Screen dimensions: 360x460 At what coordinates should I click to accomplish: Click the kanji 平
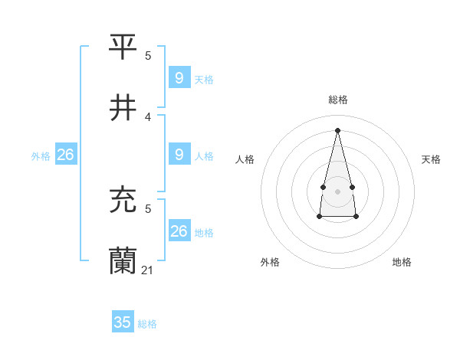click(x=123, y=46)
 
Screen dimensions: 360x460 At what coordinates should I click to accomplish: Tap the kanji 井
click(x=123, y=108)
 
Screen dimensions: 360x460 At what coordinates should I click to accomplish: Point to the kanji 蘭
click(x=123, y=261)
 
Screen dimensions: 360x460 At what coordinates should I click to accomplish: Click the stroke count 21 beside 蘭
click(x=148, y=270)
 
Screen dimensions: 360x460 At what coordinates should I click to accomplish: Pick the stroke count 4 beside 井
click(x=148, y=117)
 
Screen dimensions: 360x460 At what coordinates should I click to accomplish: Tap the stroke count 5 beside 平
click(x=148, y=55)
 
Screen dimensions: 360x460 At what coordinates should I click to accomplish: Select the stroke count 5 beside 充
click(x=148, y=208)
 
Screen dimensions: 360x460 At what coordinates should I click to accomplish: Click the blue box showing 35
click(x=123, y=322)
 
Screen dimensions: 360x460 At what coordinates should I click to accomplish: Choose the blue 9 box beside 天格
click(x=179, y=78)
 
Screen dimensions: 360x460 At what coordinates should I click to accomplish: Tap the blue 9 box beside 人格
click(x=179, y=155)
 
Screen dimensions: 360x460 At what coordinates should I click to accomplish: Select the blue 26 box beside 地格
click(x=179, y=231)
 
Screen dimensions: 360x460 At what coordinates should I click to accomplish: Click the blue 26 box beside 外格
click(x=66, y=155)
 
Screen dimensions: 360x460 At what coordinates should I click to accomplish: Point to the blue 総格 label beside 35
click(x=147, y=324)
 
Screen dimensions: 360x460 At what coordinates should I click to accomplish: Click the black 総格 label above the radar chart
click(x=338, y=100)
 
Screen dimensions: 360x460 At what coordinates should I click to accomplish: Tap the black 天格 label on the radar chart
click(x=431, y=159)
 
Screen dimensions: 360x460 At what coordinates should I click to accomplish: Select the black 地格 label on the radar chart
click(x=402, y=262)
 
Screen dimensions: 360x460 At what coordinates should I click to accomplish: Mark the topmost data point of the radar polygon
click(x=337, y=129)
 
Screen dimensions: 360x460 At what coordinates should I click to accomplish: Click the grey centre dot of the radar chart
click(x=337, y=191)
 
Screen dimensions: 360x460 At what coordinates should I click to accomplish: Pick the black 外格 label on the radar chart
click(x=270, y=262)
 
